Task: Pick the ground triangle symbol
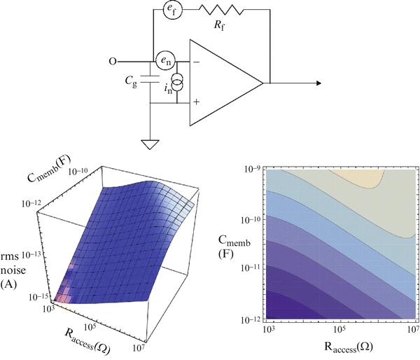(x=150, y=145)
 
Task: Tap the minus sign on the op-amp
(x=197, y=63)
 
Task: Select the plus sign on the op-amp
(x=197, y=102)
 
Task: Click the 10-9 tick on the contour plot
(x=249, y=169)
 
